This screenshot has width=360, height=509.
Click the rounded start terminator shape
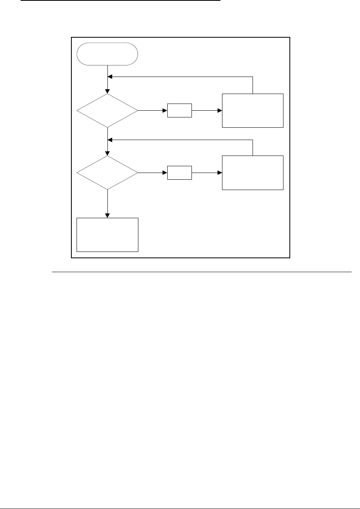click(x=107, y=54)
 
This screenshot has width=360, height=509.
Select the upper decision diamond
click(x=107, y=111)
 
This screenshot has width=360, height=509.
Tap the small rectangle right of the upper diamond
click(x=179, y=111)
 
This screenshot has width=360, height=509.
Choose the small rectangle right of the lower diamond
click(x=179, y=173)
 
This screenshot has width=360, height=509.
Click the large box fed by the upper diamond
click(x=253, y=111)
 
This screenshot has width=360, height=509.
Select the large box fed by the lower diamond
click(x=253, y=173)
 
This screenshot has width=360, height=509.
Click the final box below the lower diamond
click(x=107, y=234)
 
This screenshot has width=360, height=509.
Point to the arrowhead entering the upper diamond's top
click(x=107, y=92)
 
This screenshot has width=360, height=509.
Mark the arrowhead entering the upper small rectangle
click(x=165, y=111)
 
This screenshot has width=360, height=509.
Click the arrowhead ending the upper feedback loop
click(x=110, y=77)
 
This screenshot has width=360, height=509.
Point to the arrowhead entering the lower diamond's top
click(x=107, y=154)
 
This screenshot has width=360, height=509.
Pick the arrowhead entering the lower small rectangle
click(x=165, y=173)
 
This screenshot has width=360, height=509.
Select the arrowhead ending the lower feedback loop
click(x=110, y=139)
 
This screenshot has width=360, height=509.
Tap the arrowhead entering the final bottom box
click(x=107, y=215)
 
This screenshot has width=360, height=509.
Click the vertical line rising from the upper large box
click(x=253, y=85)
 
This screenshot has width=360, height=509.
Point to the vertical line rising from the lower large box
click(x=253, y=148)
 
